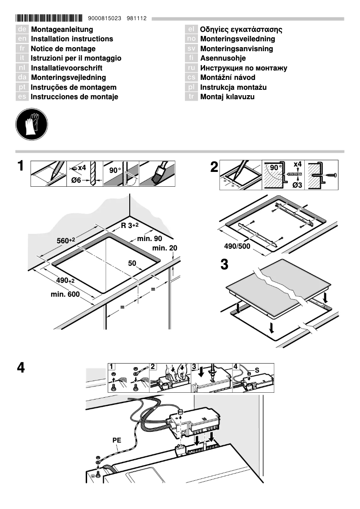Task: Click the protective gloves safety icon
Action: pyautogui.click(x=31, y=123)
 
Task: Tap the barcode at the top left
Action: pyautogui.click(x=49, y=19)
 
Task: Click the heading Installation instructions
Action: pyautogui.click(x=72, y=39)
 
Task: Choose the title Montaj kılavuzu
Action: pyautogui.click(x=227, y=97)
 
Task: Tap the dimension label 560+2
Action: pyautogui.click(x=66, y=241)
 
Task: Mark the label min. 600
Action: pyautogui.click(x=65, y=294)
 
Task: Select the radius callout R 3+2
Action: pyautogui.click(x=130, y=225)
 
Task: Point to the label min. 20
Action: pyautogui.click(x=165, y=248)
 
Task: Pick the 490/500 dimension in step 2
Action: pyautogui.click(x=237, y=246)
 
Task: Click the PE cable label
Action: pyautogui.click(x=117, y=441)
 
